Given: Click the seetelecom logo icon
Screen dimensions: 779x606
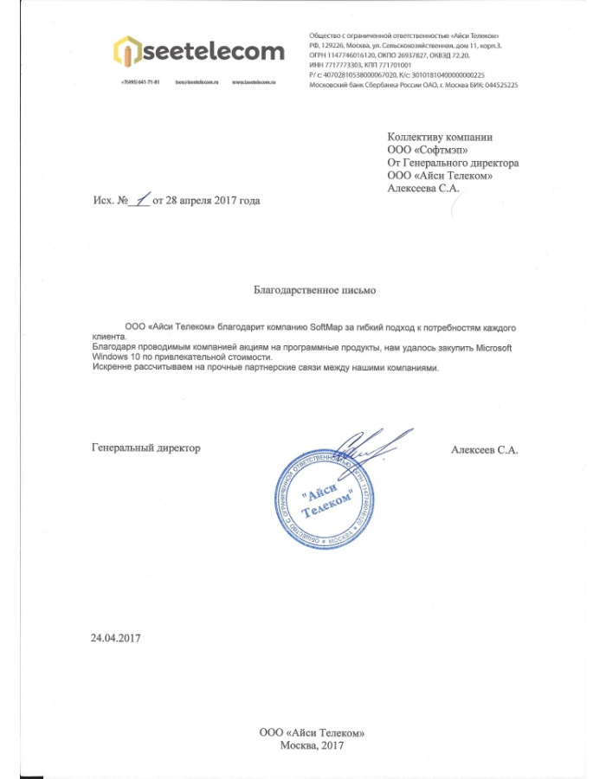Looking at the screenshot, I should coord(127,52).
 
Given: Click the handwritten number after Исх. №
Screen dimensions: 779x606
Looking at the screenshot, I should coord(140,199).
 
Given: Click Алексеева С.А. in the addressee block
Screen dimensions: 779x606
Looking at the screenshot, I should coord(423,189).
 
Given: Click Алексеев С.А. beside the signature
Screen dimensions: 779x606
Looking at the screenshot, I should coord(484,448).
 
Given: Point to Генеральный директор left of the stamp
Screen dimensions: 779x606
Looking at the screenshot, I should coord(145,447).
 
